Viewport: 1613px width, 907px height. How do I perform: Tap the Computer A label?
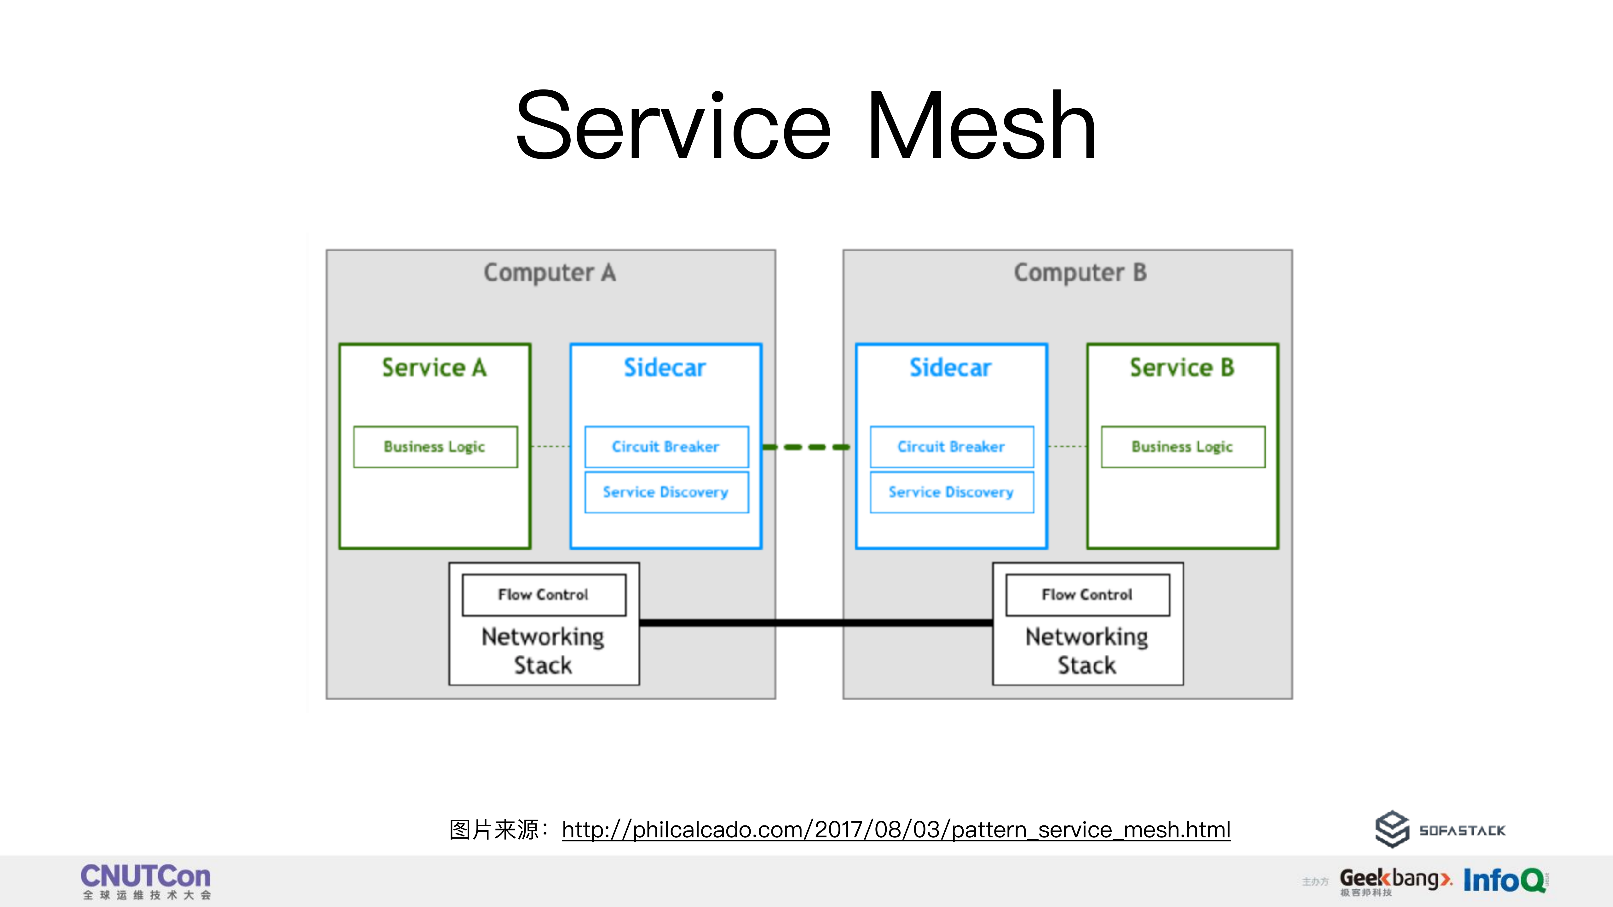[x=550, y=273]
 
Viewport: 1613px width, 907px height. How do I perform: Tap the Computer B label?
[x=1080, y=273]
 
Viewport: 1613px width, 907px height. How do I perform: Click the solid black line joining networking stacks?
[x=814, y=623]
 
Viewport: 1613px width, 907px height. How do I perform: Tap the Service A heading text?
[x=435, y=367]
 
